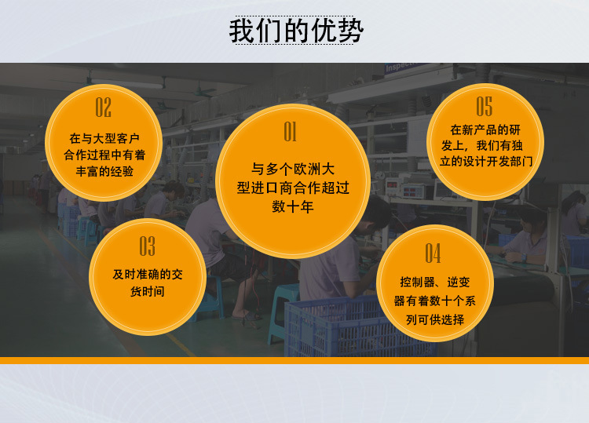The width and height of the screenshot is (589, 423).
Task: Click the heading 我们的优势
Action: (x=296, y=31)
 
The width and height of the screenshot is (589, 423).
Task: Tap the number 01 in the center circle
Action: (x=290, y=131)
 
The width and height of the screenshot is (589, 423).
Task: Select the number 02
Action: (x=104, y=108)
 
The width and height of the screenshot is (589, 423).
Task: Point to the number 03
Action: (x=148, y=246)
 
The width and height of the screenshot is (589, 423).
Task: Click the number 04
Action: (x=433, y=253)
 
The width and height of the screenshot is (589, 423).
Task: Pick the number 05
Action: (x=485, y=106)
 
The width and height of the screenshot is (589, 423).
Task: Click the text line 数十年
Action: (x=293, y=206)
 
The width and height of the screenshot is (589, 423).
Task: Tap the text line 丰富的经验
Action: (x=104, y=171)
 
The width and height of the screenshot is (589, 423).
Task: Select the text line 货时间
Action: (x=148, y=291)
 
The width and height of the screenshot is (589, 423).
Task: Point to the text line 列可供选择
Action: (x=435, y=319)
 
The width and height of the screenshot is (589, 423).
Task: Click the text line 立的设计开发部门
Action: (x=486, y=162)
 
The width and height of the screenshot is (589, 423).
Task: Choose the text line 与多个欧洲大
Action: (x=293, y=169)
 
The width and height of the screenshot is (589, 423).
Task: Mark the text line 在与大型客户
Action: (x=104, y=138)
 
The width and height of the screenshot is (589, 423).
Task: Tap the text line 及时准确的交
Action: (x=148, y=274)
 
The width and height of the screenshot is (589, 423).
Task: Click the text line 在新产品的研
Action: (x=485, y=129)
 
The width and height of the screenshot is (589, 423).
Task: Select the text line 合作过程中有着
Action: (x=104, y=155)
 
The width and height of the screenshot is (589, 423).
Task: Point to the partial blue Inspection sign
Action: (x=403, y=67)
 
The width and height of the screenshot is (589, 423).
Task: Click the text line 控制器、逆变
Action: (x=435, y=282)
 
